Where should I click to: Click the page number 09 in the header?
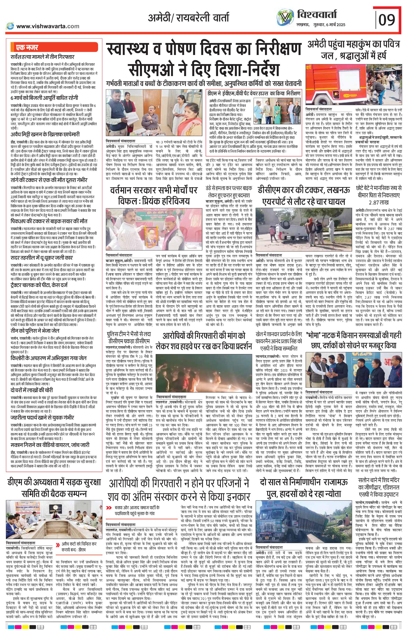(387, 19)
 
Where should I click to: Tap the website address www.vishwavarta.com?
(48, 26)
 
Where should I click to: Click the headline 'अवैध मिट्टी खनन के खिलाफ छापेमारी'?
(45, 134)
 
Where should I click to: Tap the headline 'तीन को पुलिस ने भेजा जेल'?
(35, 331)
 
